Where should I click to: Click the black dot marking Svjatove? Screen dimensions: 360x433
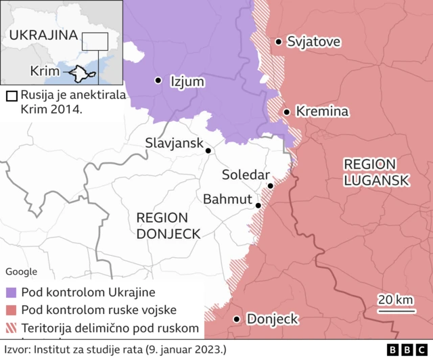click(278, 42)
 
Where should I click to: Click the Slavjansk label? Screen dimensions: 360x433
click(173, 143)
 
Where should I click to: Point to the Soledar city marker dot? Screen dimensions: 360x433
click(270, 185)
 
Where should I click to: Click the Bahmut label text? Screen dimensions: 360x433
click(227, 200)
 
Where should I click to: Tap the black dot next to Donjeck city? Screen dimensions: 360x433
click(237, 319)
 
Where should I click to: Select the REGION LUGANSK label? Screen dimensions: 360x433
click(376, 172)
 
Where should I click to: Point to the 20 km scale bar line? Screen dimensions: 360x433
click(395, 312)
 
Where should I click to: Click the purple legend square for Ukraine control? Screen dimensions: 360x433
click(11, 293)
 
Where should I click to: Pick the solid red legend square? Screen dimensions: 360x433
click(11, 311)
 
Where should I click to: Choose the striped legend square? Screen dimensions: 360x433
click(11, 328)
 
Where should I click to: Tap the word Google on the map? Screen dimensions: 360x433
click(21, 271)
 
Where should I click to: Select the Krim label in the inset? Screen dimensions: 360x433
click(44, 71)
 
